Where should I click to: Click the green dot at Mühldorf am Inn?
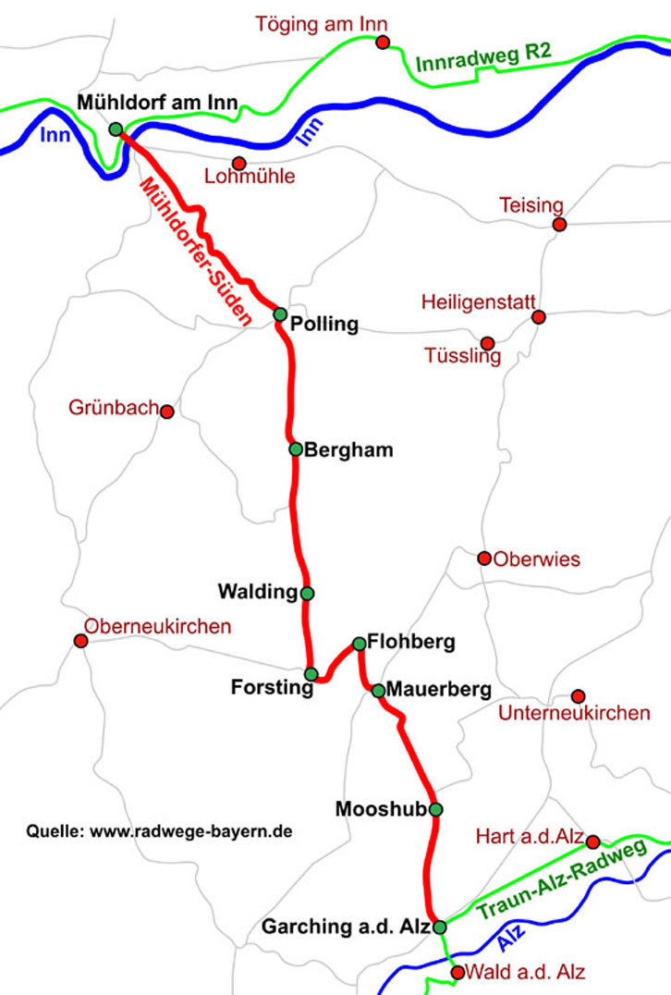pyautogui.click(x=116, y=129)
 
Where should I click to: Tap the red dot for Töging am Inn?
pyautogui.click(x=383, y=42)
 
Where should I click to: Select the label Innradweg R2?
pyautogui.click(x=483, y=58)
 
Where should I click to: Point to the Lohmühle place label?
pyautogui.click(x=250, y=177)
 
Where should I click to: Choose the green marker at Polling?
pyautogui.click(x=280, y=314)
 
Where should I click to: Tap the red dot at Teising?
pyautogui.click(x=558, y=224)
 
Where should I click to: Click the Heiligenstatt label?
pyautogui.click(x=478, y=302)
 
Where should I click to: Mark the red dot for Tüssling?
pyautogui.click(x=487, y=343)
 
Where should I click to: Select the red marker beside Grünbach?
pyautogui.click(x=167, y=412)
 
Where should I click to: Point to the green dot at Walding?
pyautogui.click(x=307, y=593)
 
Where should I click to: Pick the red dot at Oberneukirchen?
pyautogui.click(x=80, y=641)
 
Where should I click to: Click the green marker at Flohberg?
pyautogui.click(x=359, y=643)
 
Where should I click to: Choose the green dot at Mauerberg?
pyautogui.click(x=377, y=690)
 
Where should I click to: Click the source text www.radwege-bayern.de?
pyautogui.click(x=190, y=831)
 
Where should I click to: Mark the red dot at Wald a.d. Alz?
pyautogui.click(x=457, y=972)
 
